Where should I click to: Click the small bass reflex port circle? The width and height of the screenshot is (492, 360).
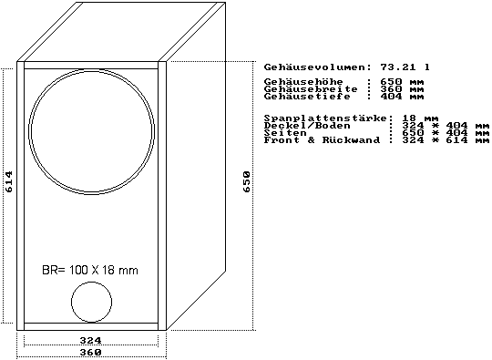pyautogui.click(x=72, y=302)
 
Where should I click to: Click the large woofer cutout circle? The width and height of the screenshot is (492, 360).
pyautogui.click(x=29, y=132)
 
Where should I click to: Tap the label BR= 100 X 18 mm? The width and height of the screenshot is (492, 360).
pyautogui.click(x=90, y=270)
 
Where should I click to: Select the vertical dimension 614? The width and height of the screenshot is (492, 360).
pyautogui.click(x=9, y=181)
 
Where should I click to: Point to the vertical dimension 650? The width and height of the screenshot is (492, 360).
pyautogui.click(x=247, y=181)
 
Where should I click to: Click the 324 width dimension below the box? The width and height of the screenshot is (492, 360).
pyautogui.click(x=91, y=340)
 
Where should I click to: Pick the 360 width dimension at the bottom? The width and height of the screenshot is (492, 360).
pyautogui.click(x=91, y=352)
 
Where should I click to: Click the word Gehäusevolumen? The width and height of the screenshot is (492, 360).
pyautogui.click(x=315, y=67)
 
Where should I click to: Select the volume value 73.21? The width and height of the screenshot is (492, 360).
pyautogui.click(x=398, y=67)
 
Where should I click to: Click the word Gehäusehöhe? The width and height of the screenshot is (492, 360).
pyautogui.click(x=303, y=82)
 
